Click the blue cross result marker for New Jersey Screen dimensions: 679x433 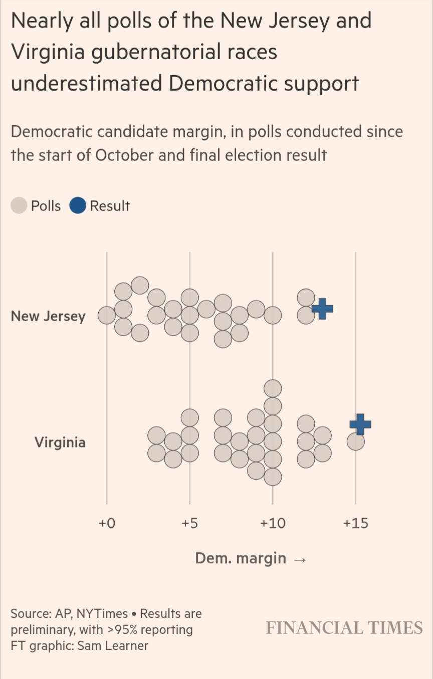(322, 309)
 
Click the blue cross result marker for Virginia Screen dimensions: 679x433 (360, 424)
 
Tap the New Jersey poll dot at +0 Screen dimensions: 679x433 (106, 315)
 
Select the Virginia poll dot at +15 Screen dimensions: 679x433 (356, 441)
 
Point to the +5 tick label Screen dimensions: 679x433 (189, 524)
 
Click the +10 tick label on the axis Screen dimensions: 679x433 (273, 524)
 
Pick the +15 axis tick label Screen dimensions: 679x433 (355, 524)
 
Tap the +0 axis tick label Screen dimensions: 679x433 (106, 524)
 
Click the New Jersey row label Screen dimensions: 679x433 (48, 317)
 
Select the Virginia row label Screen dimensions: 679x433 (60, 442)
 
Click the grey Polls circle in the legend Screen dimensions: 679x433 (19, 206)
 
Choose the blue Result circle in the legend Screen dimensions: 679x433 (78, 206)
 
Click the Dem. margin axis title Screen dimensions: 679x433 (241, 558)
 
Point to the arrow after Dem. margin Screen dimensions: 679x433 (299, 559)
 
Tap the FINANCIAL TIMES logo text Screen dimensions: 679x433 (344, 628)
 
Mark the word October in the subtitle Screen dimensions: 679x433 (124, 155)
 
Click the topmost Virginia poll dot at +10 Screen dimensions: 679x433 (273, 388)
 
